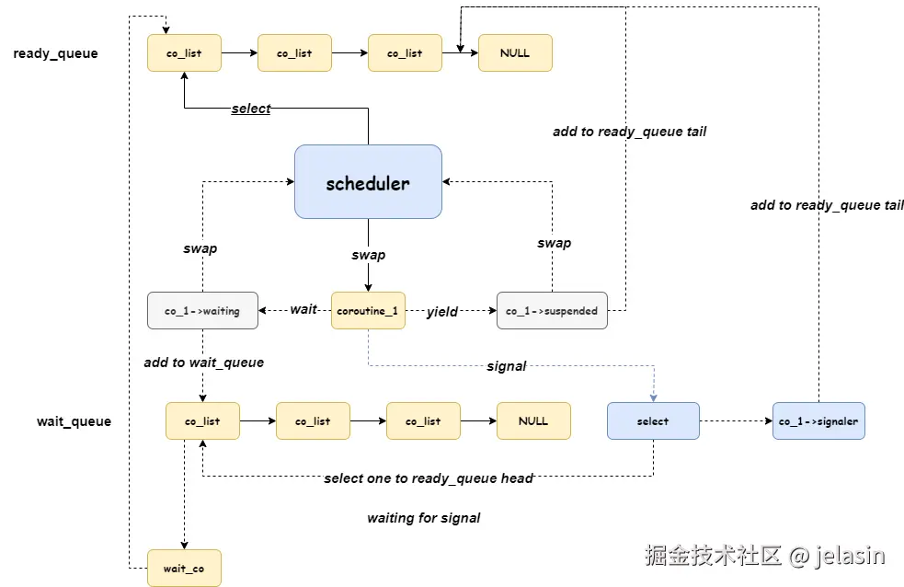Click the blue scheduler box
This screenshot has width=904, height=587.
[368, 182]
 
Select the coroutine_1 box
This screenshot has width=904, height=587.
[368, 311]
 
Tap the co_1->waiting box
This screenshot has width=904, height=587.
[202, 311]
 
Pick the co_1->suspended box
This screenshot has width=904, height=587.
[552, 311]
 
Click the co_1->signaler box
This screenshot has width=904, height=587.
[818, 421]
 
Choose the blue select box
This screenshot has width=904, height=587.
[653, 421]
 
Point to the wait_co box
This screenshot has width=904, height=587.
[184, 569]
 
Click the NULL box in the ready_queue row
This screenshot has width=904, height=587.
[515, 53]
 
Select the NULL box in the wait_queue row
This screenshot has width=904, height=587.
[533, 421]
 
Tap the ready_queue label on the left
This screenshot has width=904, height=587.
[55, 53]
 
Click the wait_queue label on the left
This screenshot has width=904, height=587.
[74, 421]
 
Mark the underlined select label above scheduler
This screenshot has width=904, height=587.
[251, 109]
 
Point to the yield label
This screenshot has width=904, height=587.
[442, 312]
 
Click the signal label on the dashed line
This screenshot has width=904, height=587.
[507, 366]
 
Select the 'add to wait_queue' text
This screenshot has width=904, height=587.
[204, 363]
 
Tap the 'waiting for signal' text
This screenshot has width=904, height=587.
[424, 518]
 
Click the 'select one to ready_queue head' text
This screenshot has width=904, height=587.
[429, 478]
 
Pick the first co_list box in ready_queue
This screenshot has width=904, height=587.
[184, 53]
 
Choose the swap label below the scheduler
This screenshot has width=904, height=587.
[369, 255]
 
